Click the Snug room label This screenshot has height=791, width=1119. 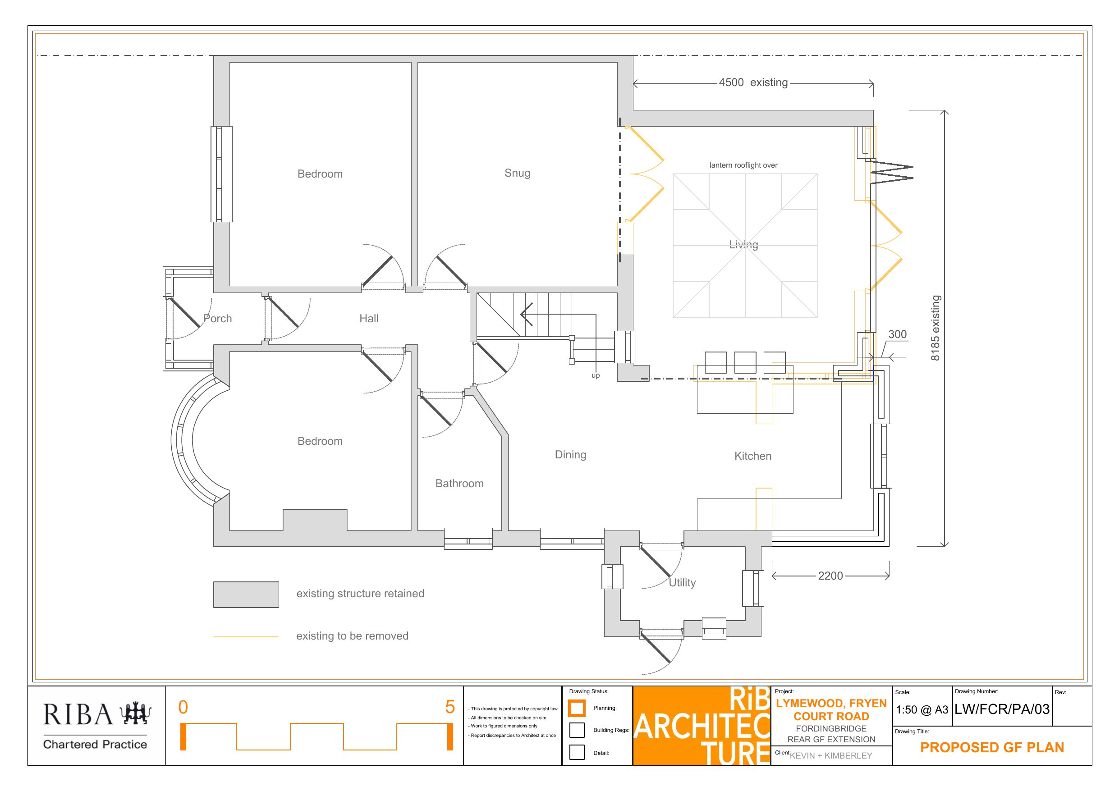tap(517, 173)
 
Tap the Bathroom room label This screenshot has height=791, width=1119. tap(459, 484)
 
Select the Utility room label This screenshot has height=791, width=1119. tap(682, 583)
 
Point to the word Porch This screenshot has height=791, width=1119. tap(217, 319)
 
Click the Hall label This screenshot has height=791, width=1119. tap(369, 319)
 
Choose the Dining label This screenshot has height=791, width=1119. tap(570, 455)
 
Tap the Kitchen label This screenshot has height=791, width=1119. tap(753, 456)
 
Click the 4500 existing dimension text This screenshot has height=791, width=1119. tap(753, 82)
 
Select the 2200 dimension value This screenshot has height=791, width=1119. tap(830, 576)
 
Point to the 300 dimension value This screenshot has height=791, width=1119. tap(897, 334)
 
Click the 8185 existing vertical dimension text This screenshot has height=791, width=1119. tap(935, 328)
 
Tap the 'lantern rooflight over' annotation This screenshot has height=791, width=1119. tap(743, 165)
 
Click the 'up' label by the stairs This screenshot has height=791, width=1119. tap(596, 376)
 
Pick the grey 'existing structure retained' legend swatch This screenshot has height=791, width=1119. tap(246, 594)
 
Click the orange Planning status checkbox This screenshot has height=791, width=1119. tap(577, 708)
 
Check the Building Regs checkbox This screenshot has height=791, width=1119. tap(577, 730)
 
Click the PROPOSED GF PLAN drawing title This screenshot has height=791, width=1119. tap(992, 747)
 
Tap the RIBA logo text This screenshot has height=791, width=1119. tap(78, 714)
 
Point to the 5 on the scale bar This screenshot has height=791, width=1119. tap(450, 707)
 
